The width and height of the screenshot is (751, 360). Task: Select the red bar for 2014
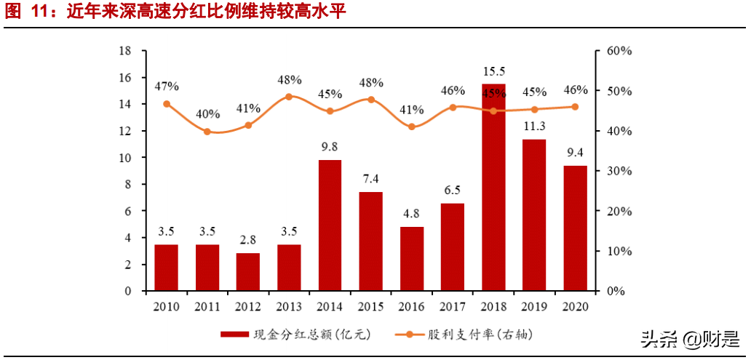click(330, 225)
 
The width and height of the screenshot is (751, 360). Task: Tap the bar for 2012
click(248, 272)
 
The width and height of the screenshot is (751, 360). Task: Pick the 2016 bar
click(412, 259)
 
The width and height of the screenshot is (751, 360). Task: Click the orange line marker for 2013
click(289, 97)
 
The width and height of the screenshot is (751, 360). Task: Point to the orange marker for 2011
click(207, 132)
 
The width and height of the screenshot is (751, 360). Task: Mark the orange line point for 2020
click(575, 107)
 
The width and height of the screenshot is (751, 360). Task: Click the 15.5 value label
click(493, 71)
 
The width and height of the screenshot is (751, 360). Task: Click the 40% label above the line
click(207, 114)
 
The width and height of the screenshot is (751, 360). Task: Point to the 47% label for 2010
click(167, 87)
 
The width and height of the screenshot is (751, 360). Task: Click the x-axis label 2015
click(370, 306)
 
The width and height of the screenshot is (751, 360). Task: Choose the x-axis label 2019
click(534, 306)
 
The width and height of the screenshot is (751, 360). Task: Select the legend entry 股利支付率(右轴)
click(459, 335)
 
